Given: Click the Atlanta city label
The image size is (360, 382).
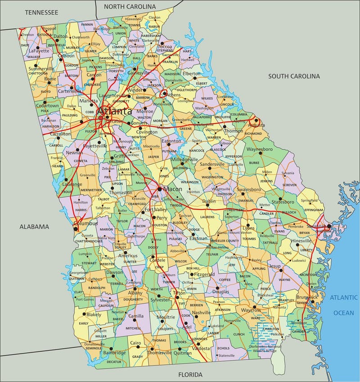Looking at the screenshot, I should [x=115, y=111].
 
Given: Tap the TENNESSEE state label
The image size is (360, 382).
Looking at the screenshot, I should [x=42, y=12].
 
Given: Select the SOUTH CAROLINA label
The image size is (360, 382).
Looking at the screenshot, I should [x=294, y=76].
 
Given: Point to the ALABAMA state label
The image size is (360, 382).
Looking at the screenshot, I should [x=34, y=227].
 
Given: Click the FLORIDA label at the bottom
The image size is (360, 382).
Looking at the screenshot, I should [x=190, y=374].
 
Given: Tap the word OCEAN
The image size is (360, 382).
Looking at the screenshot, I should [x=343, y=312].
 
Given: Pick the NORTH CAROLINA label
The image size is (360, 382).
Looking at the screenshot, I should [x=130, y=7].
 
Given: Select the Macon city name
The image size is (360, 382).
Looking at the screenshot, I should [x=172, y=189].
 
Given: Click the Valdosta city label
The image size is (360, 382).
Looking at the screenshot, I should [x=199, y=348].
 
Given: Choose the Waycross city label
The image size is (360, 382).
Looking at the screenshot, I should [x=251, y=310].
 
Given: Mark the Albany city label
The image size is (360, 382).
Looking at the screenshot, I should [x=135, y=292].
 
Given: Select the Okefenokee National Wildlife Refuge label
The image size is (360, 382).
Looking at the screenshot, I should [x=265, y=349].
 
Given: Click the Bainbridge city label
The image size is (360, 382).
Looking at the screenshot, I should [x=114, y=353].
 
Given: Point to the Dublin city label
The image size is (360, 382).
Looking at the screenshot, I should [x=209, y=201].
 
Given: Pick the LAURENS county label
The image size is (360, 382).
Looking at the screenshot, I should [x=207, y=217].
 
